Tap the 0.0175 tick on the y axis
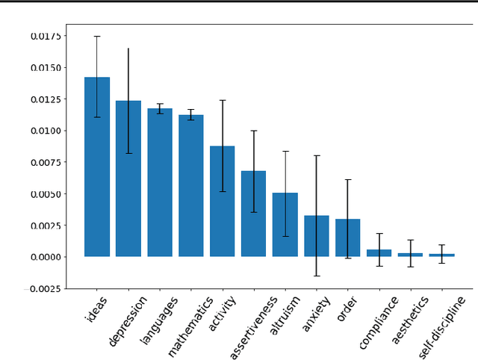(48, 36)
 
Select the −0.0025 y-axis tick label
(45, 288)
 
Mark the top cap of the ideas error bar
(97, 36)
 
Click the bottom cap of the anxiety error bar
(317, 276)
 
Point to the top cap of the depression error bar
(128, 49)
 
